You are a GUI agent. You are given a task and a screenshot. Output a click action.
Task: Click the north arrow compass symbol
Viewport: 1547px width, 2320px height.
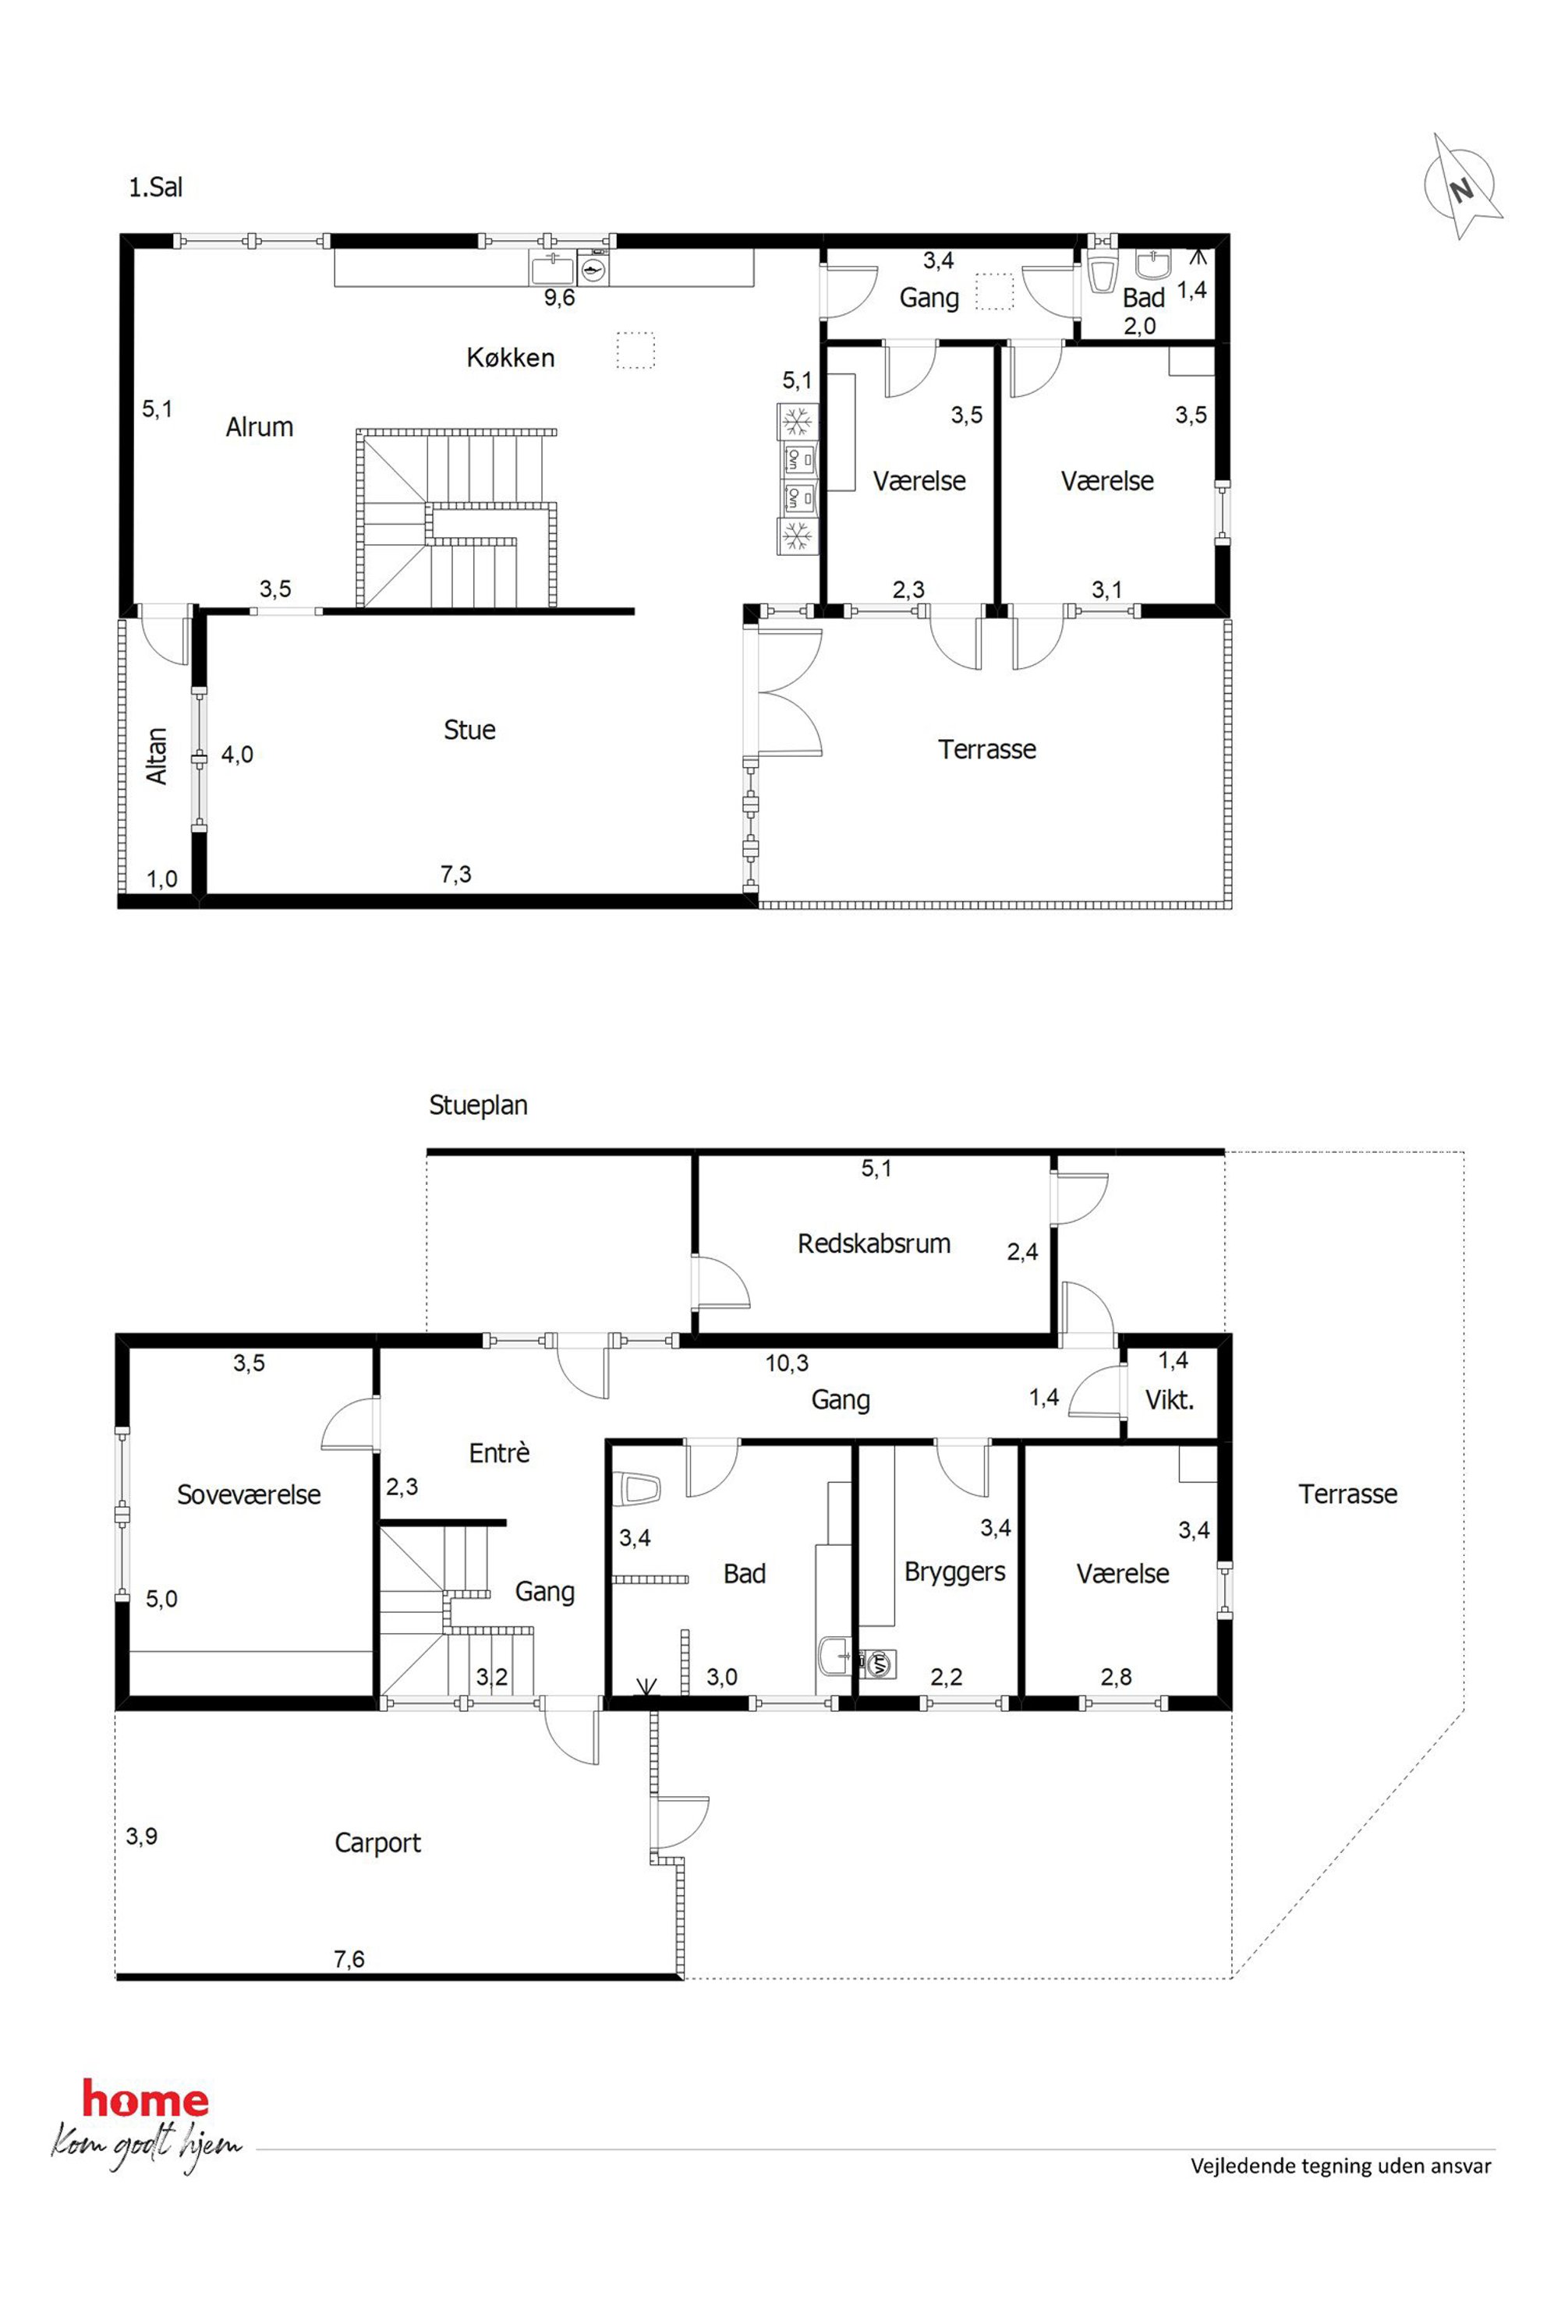pos(1462,187)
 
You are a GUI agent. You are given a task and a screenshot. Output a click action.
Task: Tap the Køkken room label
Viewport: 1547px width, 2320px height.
pos(510,357)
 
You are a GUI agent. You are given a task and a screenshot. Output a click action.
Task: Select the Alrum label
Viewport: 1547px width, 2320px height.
pos(260,427)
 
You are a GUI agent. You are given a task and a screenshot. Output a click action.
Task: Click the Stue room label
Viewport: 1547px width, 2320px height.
pos(469,730)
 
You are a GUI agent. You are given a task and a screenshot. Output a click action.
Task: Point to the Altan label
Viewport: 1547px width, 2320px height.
pos(157,756)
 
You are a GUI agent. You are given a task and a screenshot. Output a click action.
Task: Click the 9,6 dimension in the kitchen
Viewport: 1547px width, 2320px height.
pos(559,298)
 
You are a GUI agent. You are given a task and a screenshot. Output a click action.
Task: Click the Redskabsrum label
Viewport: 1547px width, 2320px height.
pos(874,1244)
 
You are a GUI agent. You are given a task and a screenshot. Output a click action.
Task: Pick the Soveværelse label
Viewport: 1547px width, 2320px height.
pos(249,1494)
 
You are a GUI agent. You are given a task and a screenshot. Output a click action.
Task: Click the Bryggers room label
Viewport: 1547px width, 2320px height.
pos(955,1572)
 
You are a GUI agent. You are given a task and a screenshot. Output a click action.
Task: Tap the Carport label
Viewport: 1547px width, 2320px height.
pos(378,1844)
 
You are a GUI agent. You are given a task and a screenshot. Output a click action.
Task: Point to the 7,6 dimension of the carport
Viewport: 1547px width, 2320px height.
pos(349,1959)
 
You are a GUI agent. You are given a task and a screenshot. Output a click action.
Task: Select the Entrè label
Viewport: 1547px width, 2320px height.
pos(499,1453)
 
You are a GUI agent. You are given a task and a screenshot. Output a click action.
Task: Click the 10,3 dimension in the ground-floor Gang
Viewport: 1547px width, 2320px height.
pos(788,1363)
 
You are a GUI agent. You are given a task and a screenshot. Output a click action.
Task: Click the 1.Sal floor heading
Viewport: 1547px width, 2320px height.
pos(156,187)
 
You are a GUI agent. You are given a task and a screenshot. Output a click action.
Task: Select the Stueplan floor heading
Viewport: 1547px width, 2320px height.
pos(479,1105)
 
